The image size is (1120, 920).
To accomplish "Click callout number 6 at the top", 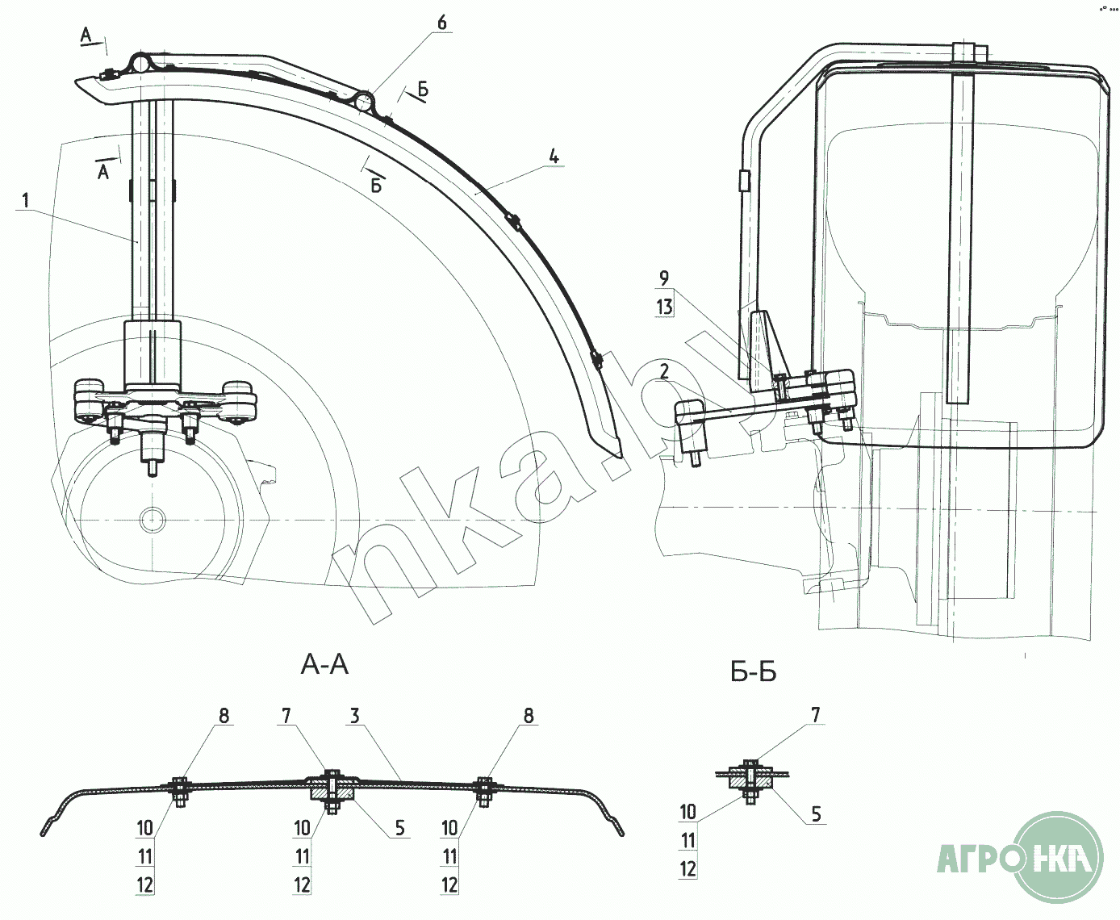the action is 442,23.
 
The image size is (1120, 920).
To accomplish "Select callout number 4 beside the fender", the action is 554,157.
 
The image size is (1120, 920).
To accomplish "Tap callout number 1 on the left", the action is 26,200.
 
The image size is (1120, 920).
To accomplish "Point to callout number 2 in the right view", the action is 664,371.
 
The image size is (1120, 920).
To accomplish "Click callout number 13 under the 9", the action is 664,307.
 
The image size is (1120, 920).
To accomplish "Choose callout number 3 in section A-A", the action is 355,716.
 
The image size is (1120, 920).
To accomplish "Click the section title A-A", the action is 324,664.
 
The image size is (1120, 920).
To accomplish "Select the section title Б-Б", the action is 754,672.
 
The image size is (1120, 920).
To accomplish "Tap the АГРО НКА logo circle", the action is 1059,857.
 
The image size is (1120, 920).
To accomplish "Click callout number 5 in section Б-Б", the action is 817,814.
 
